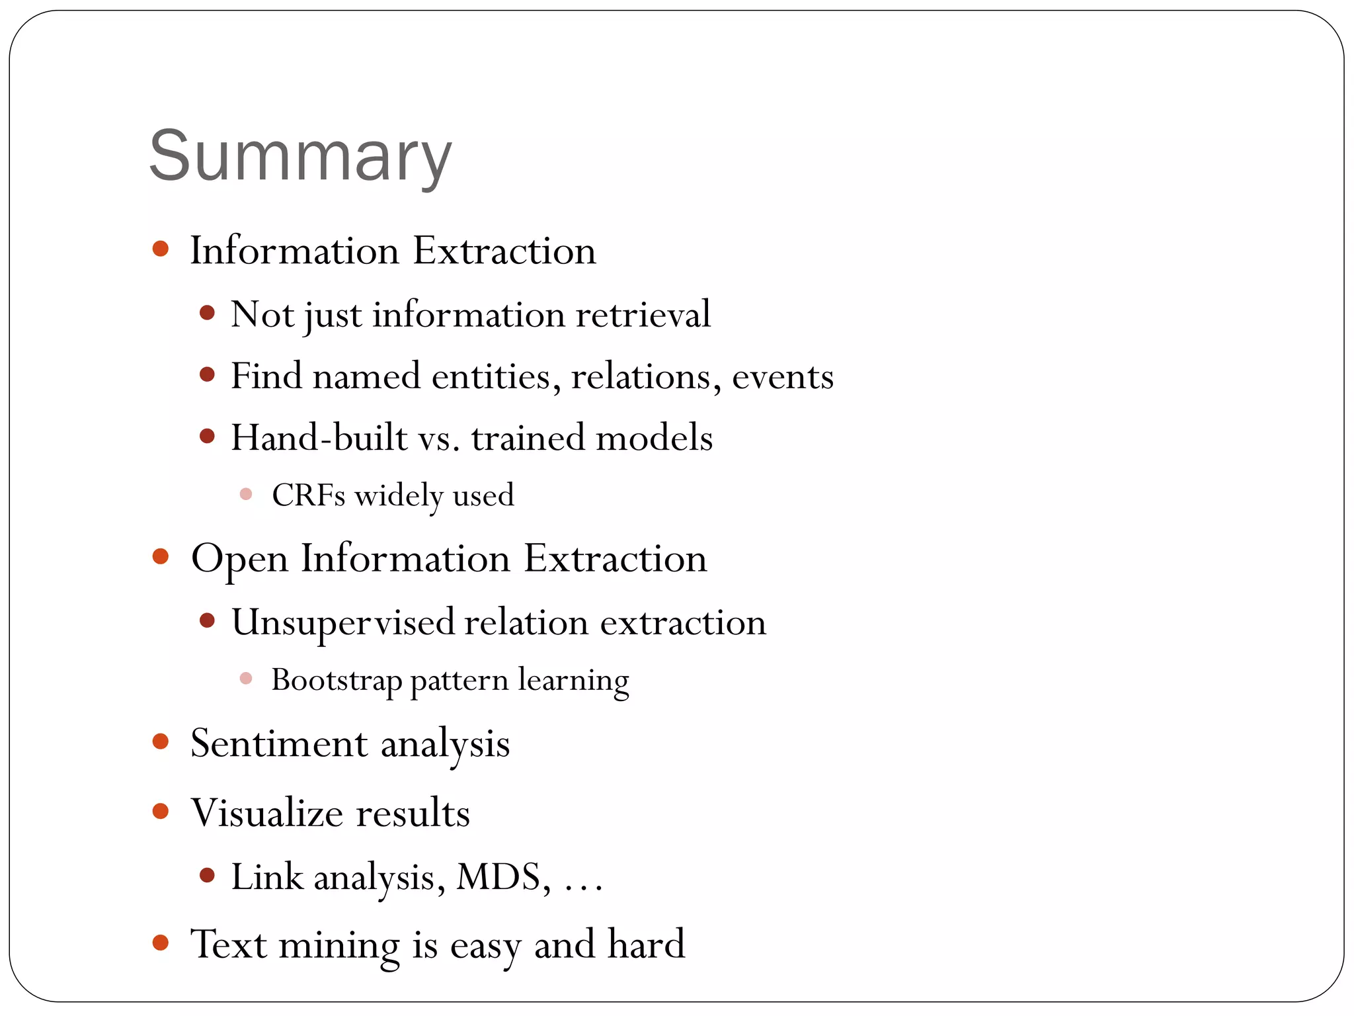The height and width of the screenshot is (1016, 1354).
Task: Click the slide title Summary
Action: [x=301, y=156]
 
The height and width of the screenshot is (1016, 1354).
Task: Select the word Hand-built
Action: [x=319, y=438]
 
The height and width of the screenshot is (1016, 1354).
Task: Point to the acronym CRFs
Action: [x=308, y=495]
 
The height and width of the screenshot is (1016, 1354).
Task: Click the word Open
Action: [x=239, y=560]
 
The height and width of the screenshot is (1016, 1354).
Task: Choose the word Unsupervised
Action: [x=343, y=622]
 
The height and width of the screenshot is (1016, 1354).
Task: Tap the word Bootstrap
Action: [x=337, y=680]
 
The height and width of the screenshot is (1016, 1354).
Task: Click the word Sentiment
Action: [x=278, y=743]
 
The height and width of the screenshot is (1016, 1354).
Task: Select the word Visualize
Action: [x=267, y=813]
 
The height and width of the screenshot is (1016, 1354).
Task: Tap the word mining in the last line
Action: [x=339, y=945]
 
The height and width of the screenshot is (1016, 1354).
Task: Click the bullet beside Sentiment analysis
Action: [x=161, y=741]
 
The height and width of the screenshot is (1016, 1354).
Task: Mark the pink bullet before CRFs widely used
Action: [x=246, y=494]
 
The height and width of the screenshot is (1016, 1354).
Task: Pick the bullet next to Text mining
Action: [x=161, y=942]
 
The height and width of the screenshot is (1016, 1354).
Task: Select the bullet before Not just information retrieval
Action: [x=207, y=313]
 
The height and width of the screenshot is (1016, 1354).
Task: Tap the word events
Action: [x=783, y=376]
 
